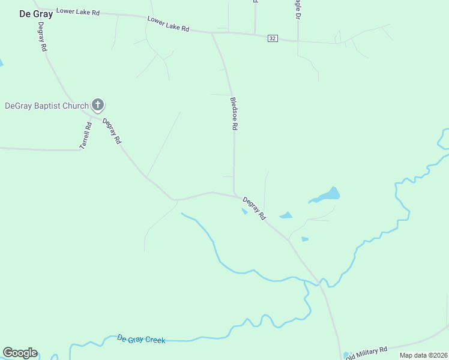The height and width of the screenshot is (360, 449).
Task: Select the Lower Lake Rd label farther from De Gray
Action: tap(169, 24)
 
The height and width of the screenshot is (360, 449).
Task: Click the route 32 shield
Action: tap(273, 38)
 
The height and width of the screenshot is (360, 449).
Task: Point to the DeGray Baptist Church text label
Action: tap(47, 106)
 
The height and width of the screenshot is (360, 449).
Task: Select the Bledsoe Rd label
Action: tap(235, 114)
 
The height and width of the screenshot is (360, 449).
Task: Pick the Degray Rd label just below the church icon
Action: tap(112, 131)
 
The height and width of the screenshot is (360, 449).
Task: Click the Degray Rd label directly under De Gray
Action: tap(42, 37)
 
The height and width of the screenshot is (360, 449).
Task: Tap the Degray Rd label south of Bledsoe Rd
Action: tap(254, 208)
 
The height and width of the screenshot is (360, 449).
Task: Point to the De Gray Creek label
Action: tap(141, 340)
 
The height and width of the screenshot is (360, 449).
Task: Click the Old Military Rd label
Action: tap(367, 351)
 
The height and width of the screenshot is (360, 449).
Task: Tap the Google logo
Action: tap(20, 353)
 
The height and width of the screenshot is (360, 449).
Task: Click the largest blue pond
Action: tap(327, 195)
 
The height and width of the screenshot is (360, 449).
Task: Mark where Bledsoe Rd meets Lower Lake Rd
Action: tap(212, 33)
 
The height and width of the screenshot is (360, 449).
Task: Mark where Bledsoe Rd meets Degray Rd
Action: tap(234, 195)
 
